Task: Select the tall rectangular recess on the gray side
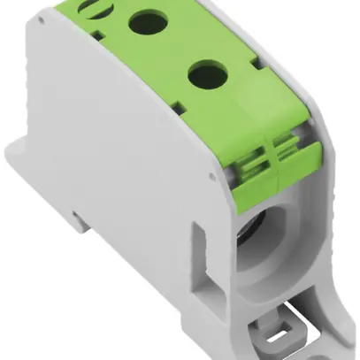point(203,262)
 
